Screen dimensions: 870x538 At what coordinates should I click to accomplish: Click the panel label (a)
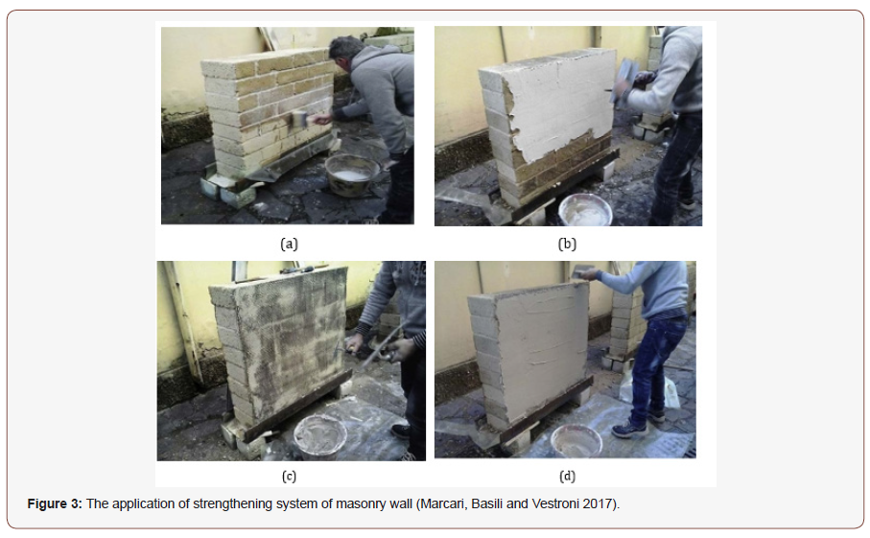click(289, 244)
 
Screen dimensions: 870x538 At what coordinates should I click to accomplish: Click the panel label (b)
click(567, 244)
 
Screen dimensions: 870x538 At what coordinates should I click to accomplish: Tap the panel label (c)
click(289, 476)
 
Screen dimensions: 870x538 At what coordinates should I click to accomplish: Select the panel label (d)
click(567, 476)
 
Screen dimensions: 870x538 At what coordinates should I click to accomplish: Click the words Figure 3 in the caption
click(55, 503)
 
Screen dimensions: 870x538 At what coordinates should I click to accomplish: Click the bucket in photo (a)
click(352, 175)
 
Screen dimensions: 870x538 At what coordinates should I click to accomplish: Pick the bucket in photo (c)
click(320, 437)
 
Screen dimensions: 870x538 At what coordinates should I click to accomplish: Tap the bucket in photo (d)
click(576, 441)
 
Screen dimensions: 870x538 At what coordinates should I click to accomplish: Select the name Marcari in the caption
click(443, 503)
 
